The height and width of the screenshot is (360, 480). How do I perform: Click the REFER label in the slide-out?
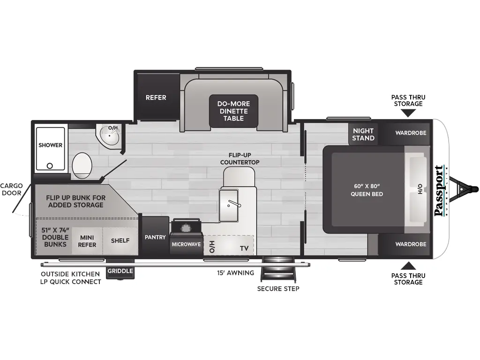[156, 97]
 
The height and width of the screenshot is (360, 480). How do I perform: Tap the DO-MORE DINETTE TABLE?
[233, 111]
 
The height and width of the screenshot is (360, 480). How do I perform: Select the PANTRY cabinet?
[155, 237]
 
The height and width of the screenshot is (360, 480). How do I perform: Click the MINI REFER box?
[87, 241]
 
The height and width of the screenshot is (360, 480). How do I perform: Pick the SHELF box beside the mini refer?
[120, 241]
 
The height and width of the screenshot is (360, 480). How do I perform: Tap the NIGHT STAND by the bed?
[363, 134]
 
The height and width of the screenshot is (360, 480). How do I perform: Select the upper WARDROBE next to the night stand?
[410, 133]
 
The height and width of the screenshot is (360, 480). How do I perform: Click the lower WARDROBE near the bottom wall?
[410, 244]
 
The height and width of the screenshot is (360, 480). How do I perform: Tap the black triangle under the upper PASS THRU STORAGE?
[409, 112]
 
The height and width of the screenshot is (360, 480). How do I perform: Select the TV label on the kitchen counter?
[244, 247]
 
